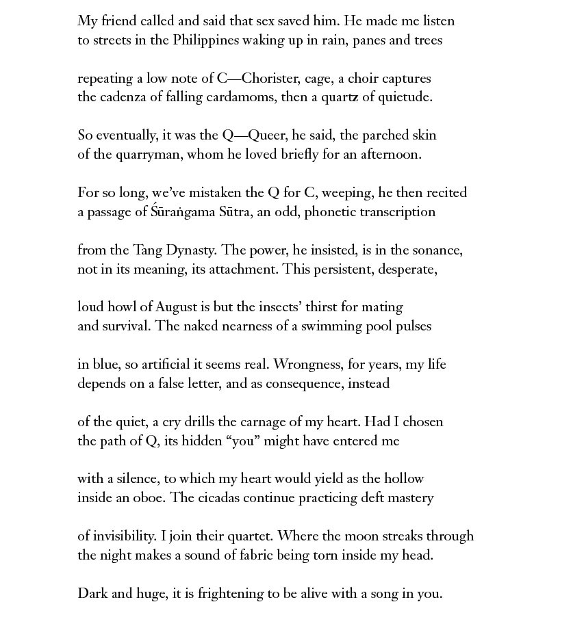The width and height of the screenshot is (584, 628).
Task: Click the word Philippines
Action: [x=205, y=40]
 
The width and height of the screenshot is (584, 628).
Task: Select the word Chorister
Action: [x=270, y=79]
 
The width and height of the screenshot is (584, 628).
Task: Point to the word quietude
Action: [x=406, y=97]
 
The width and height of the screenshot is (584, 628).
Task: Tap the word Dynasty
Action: [x=190, y=250]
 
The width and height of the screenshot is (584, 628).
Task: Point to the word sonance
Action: [x=438, y=250]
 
